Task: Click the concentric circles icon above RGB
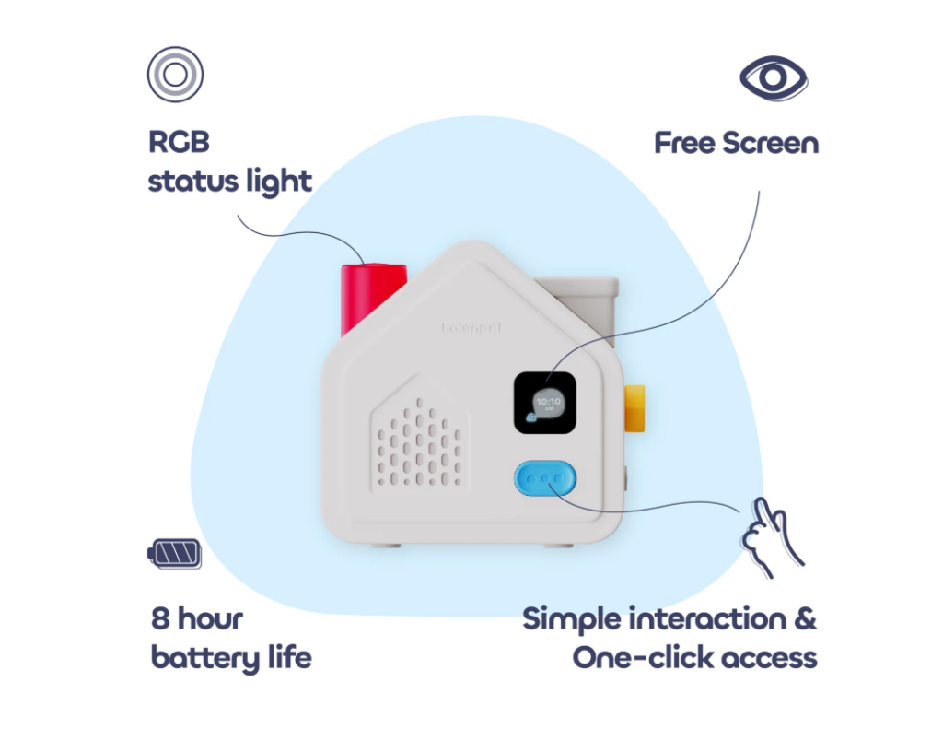coord(175,75)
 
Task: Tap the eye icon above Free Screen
coord(774,78)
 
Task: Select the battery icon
coord(174,553)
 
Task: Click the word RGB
coord(180,143)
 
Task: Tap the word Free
coord(684,144)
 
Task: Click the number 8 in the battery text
coord(162,618)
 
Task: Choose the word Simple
coord(571,618)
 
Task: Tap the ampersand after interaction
coord(804,618)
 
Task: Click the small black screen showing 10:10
coord(545,403)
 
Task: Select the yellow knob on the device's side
coord(634,408)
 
